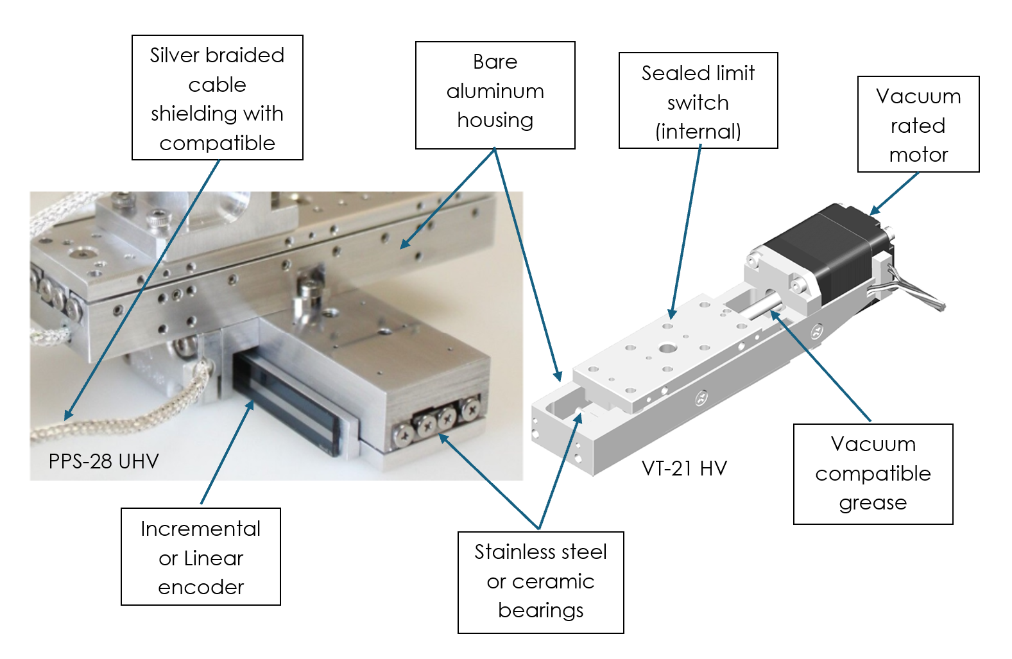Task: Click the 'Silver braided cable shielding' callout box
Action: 217,98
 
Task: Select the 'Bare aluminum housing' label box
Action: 495,95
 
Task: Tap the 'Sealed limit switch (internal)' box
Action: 698,101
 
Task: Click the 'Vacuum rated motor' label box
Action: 918,124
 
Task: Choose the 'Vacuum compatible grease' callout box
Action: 873,474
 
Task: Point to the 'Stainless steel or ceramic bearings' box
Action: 540,581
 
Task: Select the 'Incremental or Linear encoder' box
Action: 201,556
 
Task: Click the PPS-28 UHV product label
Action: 103,461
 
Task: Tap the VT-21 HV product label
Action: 684,468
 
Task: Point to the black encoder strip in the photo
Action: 286,404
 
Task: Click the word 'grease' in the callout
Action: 873,503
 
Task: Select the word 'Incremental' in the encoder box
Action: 201,529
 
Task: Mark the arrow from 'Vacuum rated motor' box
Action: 895,193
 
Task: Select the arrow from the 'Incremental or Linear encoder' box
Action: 228,452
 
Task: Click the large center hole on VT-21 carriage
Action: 667,349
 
